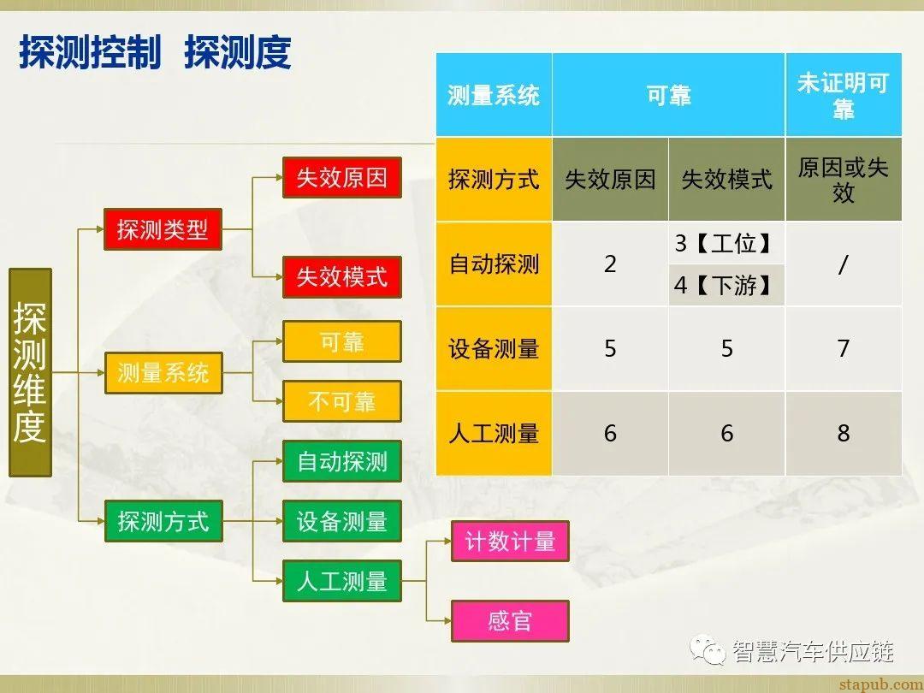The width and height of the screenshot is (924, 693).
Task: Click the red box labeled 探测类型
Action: click(163, 229)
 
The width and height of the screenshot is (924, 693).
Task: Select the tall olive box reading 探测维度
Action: click(30, 372)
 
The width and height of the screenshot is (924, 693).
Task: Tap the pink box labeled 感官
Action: click(510, 620)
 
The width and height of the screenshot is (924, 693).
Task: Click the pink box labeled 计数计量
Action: click(510, 541)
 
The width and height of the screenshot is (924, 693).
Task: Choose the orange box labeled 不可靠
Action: click(341, 401)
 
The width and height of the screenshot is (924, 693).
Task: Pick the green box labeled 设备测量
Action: click(341, 521)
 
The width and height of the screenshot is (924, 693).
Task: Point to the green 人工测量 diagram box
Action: click(341, 581)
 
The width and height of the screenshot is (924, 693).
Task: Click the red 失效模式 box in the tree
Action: click(341, 276)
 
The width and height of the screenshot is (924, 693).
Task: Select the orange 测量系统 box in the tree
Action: click(163, 373)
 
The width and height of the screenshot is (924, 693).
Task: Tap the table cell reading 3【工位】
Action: click(726, 244)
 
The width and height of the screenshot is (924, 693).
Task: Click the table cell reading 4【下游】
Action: click(726, 285)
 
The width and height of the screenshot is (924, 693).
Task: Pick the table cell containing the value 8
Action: click(843, 433)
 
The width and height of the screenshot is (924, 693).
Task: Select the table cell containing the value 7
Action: click(843, 348)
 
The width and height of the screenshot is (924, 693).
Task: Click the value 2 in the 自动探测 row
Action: click(610, 264)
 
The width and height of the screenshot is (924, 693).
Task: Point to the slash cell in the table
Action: click(843, 264)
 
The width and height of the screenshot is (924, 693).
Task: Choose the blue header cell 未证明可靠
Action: click(843, 95)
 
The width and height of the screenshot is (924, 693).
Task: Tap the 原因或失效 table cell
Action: click(843, 180)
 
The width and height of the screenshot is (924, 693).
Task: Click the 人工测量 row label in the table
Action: click(494, 433)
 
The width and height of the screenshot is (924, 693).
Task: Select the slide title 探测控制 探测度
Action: click(155, 53)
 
